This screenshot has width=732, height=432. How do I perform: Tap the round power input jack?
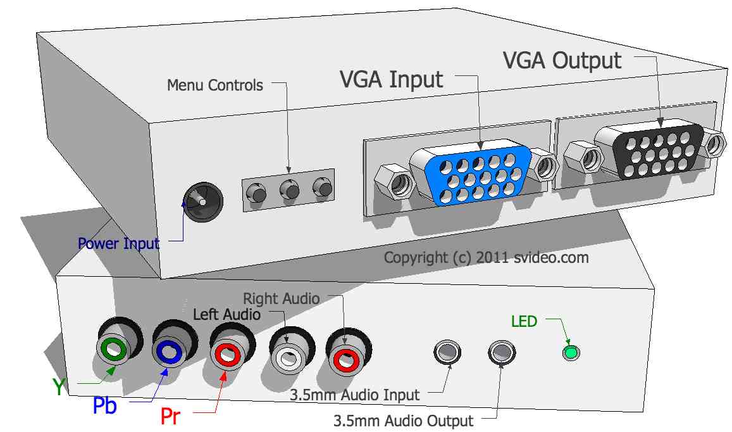202,202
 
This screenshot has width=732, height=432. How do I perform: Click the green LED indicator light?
572,352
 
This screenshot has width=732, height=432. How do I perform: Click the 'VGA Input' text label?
392,80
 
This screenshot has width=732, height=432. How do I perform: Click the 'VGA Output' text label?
562,60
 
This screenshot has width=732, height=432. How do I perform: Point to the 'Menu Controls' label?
215,85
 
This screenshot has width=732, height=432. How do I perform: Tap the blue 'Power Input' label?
118,243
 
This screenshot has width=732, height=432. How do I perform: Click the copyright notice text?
486,258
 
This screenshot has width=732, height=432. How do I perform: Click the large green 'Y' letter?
59,386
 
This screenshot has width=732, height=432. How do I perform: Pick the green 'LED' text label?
524,322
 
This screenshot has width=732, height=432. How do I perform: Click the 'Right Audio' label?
282,298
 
